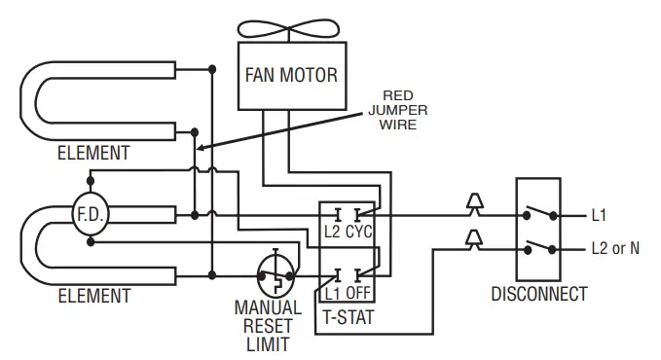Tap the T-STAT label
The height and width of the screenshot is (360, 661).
pyautogui.click(x=348, y=316)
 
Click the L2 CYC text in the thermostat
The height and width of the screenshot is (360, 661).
pyautogui.click(x=348, y=232)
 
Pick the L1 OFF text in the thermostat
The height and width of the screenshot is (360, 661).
pyautogui.click(x=348, y=291)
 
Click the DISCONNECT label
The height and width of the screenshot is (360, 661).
pyautogui.click(x=538, y=293)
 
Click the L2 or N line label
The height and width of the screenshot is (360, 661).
pyautogui.click(x=615, y=248)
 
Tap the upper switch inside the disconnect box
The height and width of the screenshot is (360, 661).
pyautogui.click(x=538, y=213)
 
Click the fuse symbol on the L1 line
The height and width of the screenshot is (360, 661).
pyautogui.click(x=474, y=205)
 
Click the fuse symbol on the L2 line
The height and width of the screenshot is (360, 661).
pyautogui.click(x=474, y=238)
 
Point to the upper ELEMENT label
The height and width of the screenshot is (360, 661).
pyautogui.click(x=92, y=153)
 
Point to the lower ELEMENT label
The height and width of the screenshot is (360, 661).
pyautogui.click(x=92, y=295)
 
